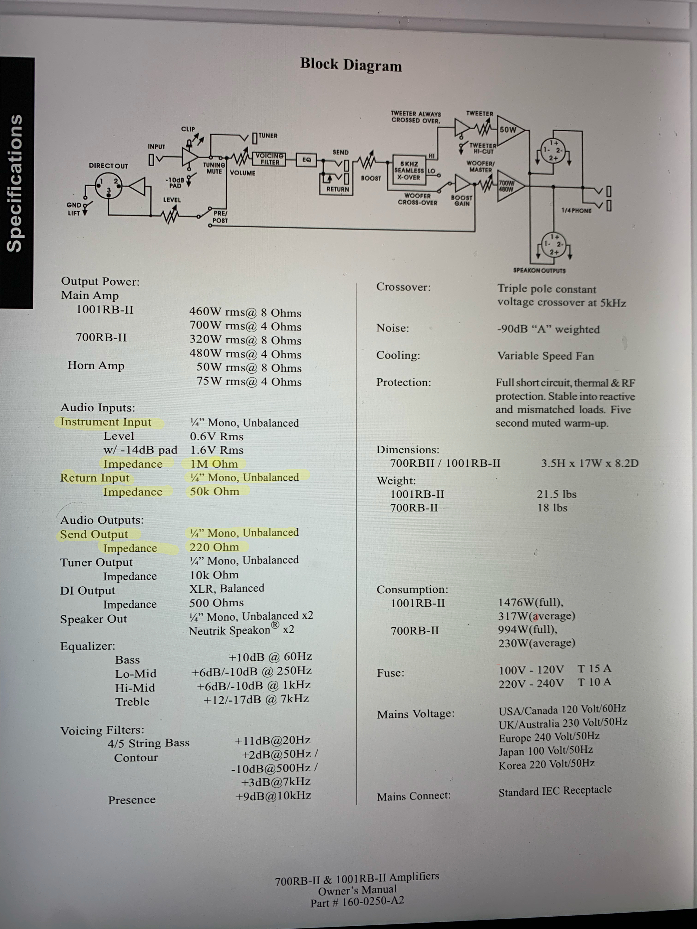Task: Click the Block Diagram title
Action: pyautogui.click(x=351, y=65)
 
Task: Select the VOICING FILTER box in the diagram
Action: pyautogui.click(x=270, y=159)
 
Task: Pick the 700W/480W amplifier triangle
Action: pyautogui.click(x=508, y=186)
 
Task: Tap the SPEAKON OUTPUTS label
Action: pyautogui.click(x=539, y=270)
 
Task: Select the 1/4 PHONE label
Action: pyautogui.click(x=576, y=211)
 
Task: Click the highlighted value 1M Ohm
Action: pyautogui.click(x=214, y=464)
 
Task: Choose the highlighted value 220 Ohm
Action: pyautogui.click(x=214, y=547)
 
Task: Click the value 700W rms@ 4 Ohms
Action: pyautogui.click(x=245, y=326)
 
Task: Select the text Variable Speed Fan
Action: pyautogui.click(x=545, y=356)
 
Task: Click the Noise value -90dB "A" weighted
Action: pyautogui.click(x=548, y=329)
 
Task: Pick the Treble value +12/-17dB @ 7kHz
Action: pyautogui.click(x=256, y=699)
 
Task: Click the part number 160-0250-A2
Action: pyautogui.click(x=373, y=901)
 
